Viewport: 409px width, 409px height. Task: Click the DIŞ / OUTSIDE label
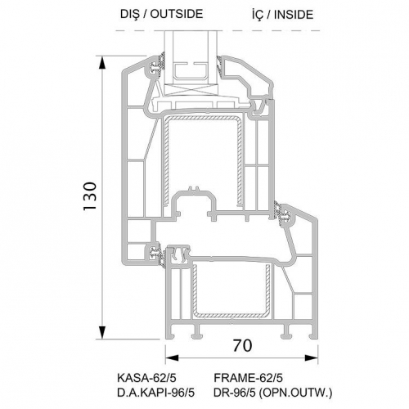tap(162, 14)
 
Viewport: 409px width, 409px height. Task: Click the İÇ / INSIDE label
tap(282, 15)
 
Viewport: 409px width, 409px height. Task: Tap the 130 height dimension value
tap(90, 196)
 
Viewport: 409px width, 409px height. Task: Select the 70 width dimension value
tap(242, 346)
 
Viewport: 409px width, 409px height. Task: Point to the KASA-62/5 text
tap(146, 378)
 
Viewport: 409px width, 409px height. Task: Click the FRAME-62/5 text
tap(248, 378)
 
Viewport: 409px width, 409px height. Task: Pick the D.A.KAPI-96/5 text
tap(155, 393)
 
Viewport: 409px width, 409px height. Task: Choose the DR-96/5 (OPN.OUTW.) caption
tap(273, 393)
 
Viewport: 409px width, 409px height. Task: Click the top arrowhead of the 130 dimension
tap(102, 63)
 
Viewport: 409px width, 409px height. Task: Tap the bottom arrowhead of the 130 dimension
tap(102, 333)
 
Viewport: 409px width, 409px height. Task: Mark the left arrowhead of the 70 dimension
tap(172, 358)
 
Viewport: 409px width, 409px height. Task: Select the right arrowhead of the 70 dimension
tap(312, 358)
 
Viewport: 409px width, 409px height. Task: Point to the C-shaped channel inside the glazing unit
tap(191, 72)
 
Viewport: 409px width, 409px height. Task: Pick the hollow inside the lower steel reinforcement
tap(231, 289)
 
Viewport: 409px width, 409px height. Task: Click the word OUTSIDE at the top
tap(177, 14)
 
